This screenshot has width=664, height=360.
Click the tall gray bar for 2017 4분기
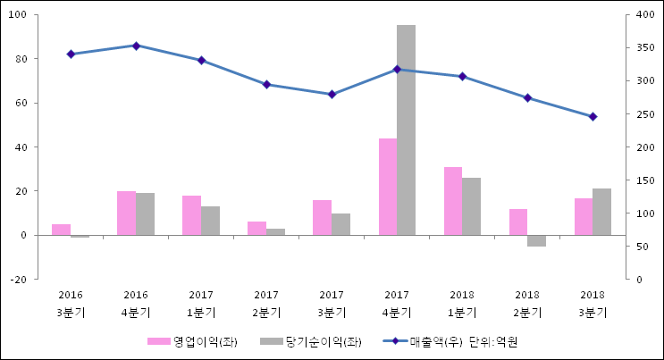tap(406, 130)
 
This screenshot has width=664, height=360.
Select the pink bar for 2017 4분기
tap(387, 187)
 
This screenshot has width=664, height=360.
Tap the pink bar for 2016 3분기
tap(61, 230)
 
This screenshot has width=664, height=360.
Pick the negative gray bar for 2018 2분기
tap(536, 240)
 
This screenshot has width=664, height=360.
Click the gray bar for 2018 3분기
tap(601, 212)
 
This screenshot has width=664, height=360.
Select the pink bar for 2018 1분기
tap(453, 201)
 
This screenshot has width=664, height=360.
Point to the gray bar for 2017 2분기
tap(275, 232)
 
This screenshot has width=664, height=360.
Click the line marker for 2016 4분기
tap(136, 46)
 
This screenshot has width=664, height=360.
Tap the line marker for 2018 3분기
tap(593, 116)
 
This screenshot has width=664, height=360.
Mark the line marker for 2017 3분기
tap(332, 94)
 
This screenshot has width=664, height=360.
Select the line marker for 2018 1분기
tap(462, 76)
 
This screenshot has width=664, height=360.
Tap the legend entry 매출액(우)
tap(433, 341)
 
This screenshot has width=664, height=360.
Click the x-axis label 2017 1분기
tap(201, 304)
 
